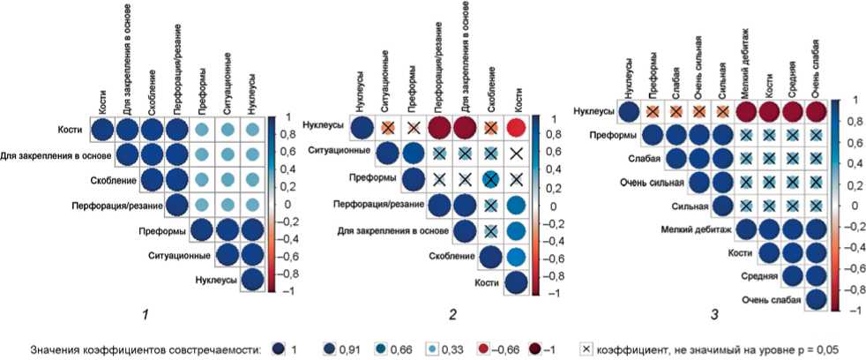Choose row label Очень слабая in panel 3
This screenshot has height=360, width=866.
[x=768, y=301]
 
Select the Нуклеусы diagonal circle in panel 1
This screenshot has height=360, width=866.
[x=253, y=281]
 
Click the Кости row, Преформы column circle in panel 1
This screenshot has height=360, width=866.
[x=201, y=130]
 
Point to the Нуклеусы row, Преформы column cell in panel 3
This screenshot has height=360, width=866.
[x=653, y=112]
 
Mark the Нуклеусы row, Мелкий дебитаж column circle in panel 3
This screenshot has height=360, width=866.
[x=747, y=112]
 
